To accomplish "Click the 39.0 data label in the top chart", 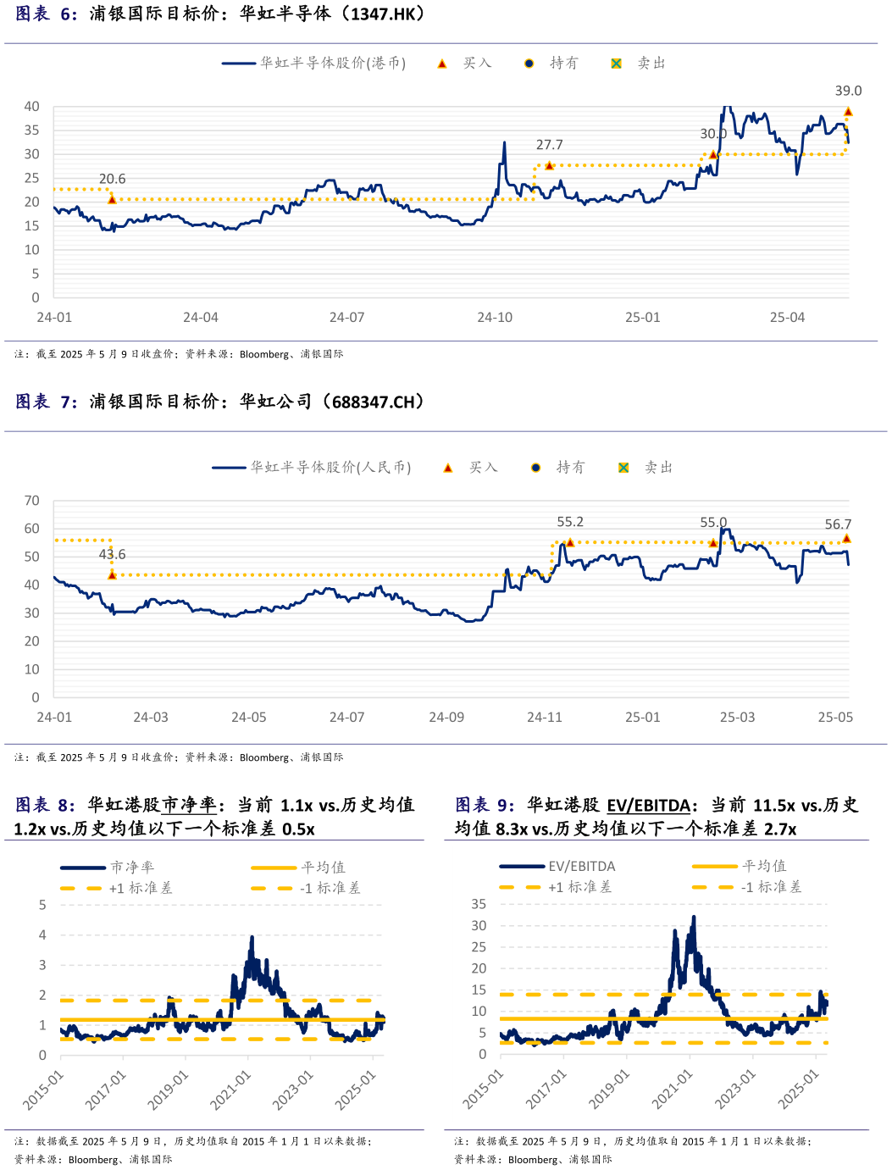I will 848,91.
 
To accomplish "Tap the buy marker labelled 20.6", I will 112,199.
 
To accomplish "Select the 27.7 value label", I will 549,145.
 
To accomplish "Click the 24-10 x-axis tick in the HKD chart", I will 495,318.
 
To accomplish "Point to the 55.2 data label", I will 570,522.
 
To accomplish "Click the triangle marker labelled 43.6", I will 112,575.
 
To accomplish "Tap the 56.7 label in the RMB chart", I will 838,524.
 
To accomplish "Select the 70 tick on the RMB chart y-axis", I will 32,501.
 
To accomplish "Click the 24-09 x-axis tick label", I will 446,718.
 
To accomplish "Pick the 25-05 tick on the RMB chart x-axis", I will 835,718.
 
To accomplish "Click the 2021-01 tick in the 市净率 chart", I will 231,1090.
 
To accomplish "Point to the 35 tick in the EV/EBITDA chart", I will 479,904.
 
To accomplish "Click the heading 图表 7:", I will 46,402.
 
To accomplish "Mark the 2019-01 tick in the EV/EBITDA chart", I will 610,1089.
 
